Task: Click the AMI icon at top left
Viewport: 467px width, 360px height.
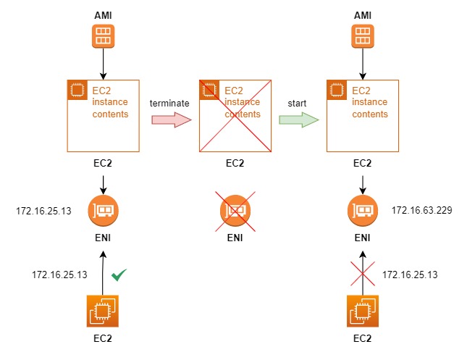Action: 103,37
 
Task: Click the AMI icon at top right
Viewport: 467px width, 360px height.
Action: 363,37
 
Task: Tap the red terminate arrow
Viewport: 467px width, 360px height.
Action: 169,119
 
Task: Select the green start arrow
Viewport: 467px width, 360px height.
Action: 299,119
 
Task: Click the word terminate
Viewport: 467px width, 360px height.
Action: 169,103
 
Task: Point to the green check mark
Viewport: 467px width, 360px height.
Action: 119,275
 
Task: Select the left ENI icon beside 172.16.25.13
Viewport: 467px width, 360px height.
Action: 103,211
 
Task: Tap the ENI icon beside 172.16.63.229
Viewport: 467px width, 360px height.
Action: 363,211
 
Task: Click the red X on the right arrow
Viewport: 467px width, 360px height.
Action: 363,275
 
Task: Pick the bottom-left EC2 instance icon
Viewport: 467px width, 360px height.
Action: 103,312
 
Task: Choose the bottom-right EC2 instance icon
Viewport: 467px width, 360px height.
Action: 363,312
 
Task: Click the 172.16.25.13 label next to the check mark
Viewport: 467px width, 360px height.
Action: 59,275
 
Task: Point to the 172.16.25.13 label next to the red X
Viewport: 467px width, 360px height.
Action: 409,275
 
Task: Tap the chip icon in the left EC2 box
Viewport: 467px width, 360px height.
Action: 77,90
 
